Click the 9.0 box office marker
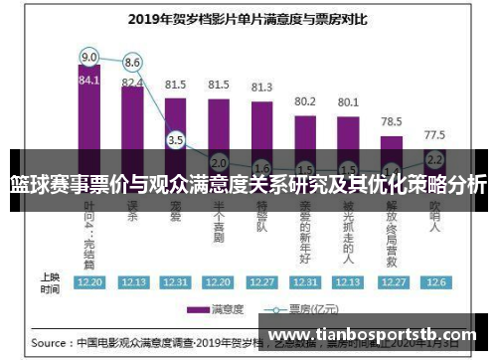[89, 57]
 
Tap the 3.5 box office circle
[176, 140]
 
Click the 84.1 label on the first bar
[89, 81]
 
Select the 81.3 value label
[261, 88]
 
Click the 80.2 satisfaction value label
[305, 101]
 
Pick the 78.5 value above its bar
[392, 121]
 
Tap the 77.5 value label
[434, 134]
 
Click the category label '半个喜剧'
[219, 221]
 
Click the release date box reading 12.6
[435, 282]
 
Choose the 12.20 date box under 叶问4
[89, 282]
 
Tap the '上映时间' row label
[49, 282]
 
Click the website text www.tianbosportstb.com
[373, 335]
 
